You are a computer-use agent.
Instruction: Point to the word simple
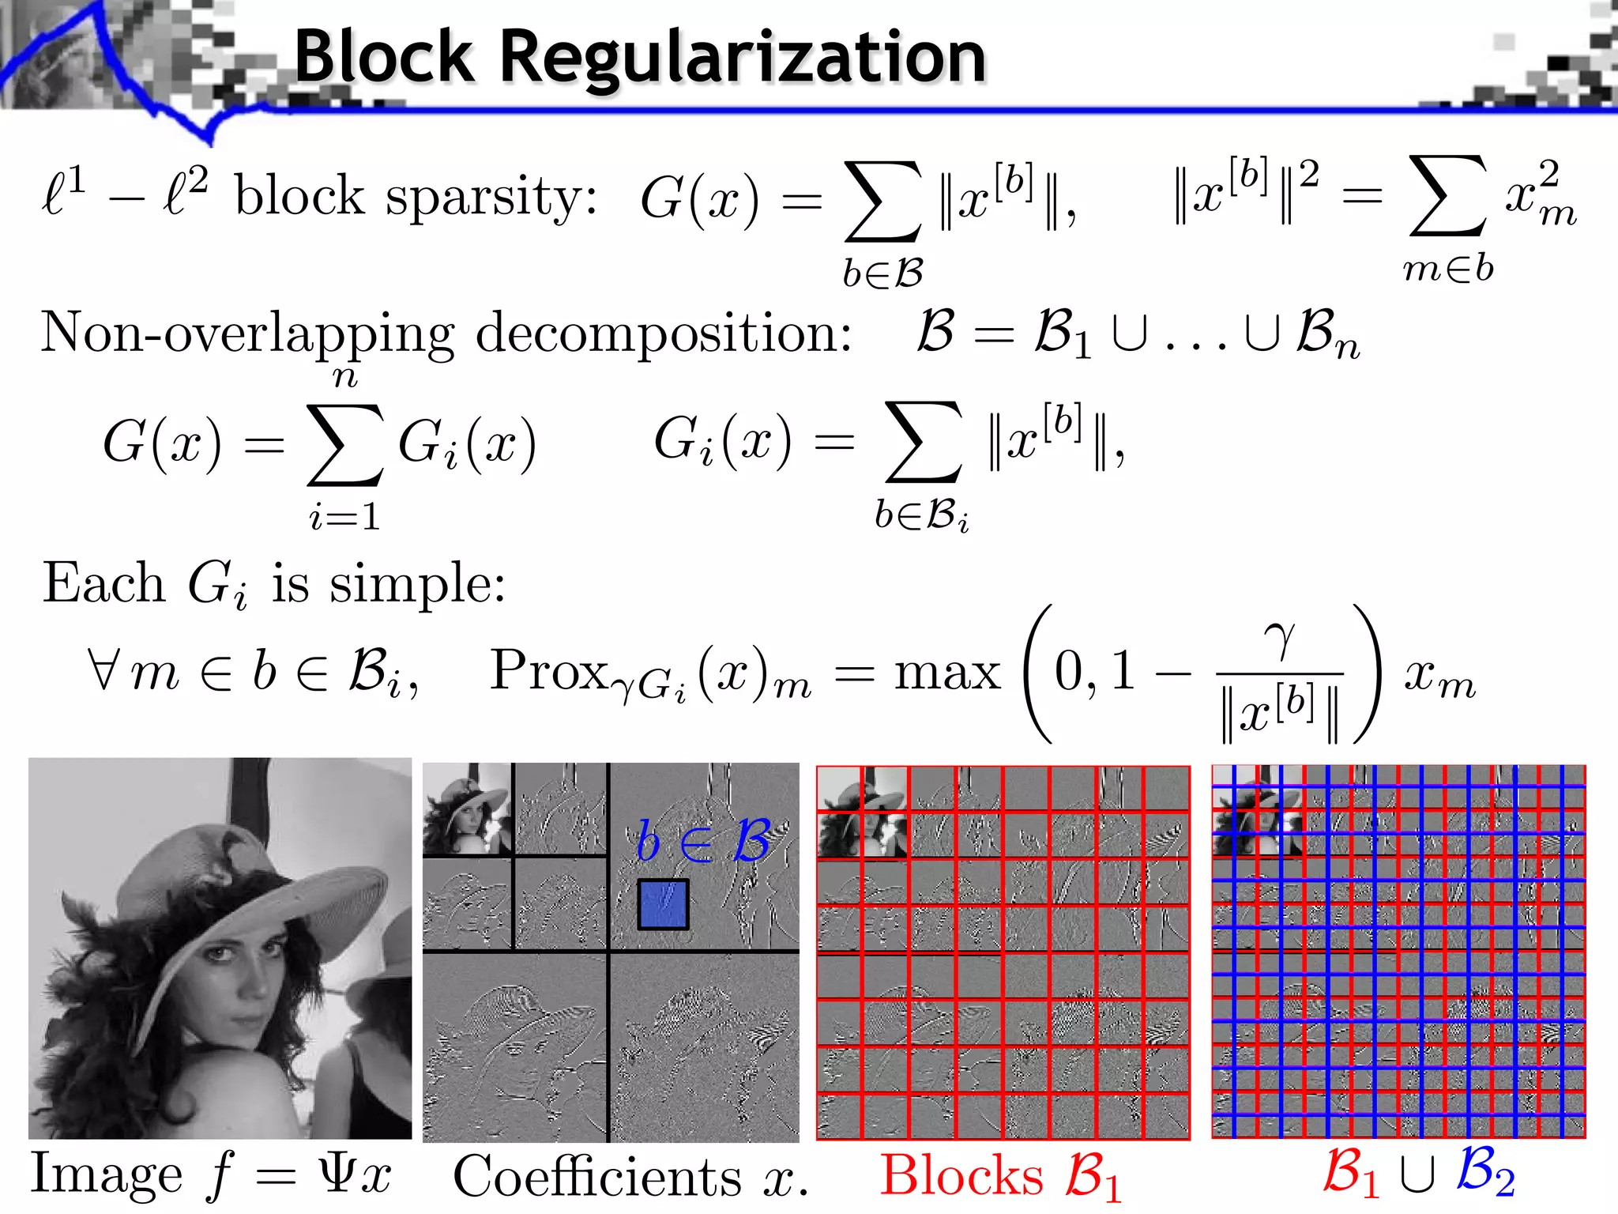pos(416,585)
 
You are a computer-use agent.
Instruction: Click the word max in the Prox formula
pos(946,673)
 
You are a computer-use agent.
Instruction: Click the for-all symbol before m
pos(103,670)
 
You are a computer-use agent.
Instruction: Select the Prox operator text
pos(548,670)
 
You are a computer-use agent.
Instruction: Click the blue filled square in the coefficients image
pos(663,904)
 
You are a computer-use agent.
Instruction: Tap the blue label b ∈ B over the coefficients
pos(702,841)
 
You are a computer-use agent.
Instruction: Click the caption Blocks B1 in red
pos(1000,1176)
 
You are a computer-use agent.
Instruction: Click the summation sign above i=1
pos(345,444)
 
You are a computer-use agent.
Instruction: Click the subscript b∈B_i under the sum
pos(921,517)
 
